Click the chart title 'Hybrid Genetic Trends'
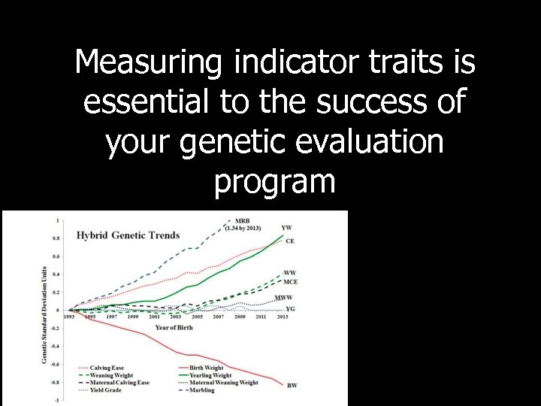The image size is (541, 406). point(128,235)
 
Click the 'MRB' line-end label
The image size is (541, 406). point(240,221)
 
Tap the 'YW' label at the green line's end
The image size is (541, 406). point(286,227)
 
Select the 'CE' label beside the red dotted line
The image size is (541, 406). point(289,241)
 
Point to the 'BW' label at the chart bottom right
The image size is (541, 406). point(292,386)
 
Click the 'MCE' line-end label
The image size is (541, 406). point(290,281)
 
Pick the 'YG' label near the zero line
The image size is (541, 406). point(290,308)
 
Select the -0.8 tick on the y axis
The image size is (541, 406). point(55,382)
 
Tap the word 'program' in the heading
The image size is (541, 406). point(275,180)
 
